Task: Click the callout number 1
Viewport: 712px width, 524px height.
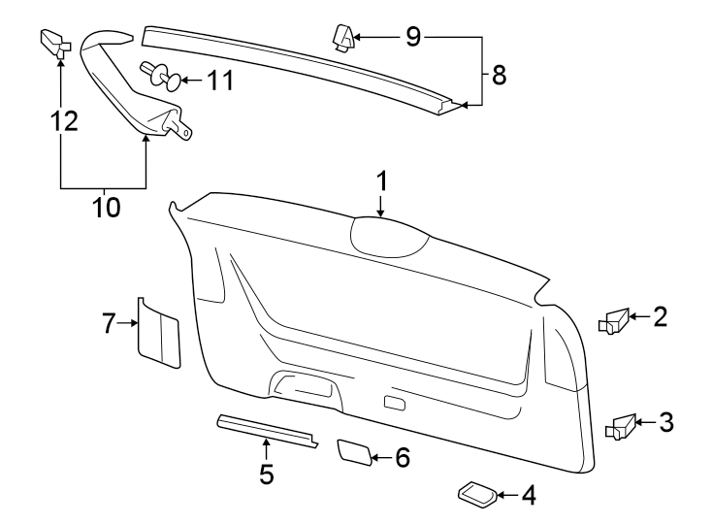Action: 382,180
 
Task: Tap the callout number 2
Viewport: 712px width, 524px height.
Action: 660,316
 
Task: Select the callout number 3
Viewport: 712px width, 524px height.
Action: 665,422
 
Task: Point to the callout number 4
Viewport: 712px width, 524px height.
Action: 528,496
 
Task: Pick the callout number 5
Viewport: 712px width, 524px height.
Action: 266,475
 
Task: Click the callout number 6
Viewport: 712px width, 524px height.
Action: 403,457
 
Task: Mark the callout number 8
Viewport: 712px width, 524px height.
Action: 500,75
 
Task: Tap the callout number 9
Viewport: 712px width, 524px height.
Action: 412,38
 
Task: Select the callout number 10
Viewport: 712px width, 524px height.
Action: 106,208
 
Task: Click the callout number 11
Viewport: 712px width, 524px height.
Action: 221,80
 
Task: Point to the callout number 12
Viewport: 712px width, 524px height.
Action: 63,121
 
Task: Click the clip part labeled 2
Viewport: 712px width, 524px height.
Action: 615,319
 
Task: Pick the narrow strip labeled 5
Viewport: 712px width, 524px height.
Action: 266,431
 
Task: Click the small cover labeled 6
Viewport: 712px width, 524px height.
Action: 354,452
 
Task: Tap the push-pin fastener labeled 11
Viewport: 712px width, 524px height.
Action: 159,75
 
